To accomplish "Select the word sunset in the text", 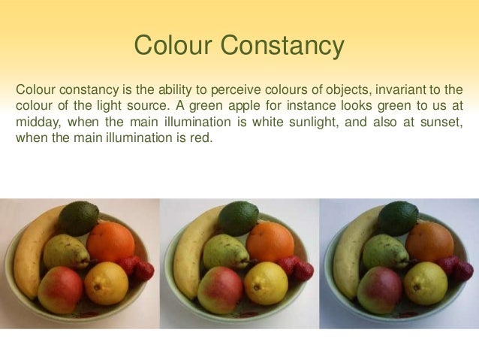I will [x=436, y=122].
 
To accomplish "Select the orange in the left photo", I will [x=110, y=241].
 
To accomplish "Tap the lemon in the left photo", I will [x=106, y=283].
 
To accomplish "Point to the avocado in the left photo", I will [x=78, y=218].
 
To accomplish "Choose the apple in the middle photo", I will [x=219, y=289].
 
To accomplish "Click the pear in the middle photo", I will [x=226, y=251].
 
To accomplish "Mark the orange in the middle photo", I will [x=270, y=241].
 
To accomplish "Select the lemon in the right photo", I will [x=426, y=283].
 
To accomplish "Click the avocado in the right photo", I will [x=398, y=218].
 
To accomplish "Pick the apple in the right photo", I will [x=379, y=289].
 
